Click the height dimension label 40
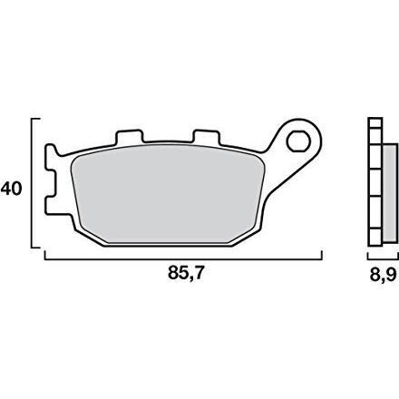click(x=11, y=189)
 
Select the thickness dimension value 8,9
click(x=383, y=275)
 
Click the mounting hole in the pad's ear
click(x=298, y=141)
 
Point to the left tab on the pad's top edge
click(x=129, y=137)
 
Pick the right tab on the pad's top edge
click(x=206, y=137)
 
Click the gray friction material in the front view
click(x=168, y=193)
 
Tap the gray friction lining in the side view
click(x=390, y=193)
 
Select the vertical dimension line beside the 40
click(x=32, y=183)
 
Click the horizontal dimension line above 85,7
click(x=183, y=259)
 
